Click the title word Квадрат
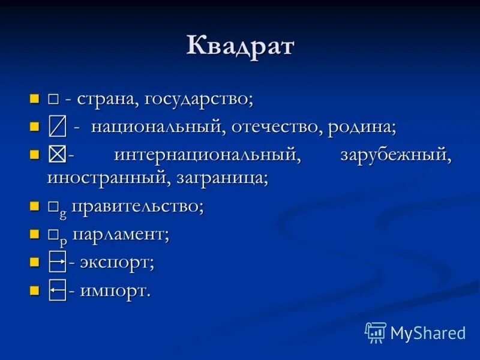240,46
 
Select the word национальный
158,127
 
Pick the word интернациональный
207,155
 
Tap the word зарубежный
395,155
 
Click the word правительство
138,207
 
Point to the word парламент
121,235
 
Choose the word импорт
115,291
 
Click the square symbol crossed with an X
57,154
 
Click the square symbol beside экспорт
57,262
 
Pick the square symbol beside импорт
57,290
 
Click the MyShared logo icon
376,332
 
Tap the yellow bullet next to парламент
34,233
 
